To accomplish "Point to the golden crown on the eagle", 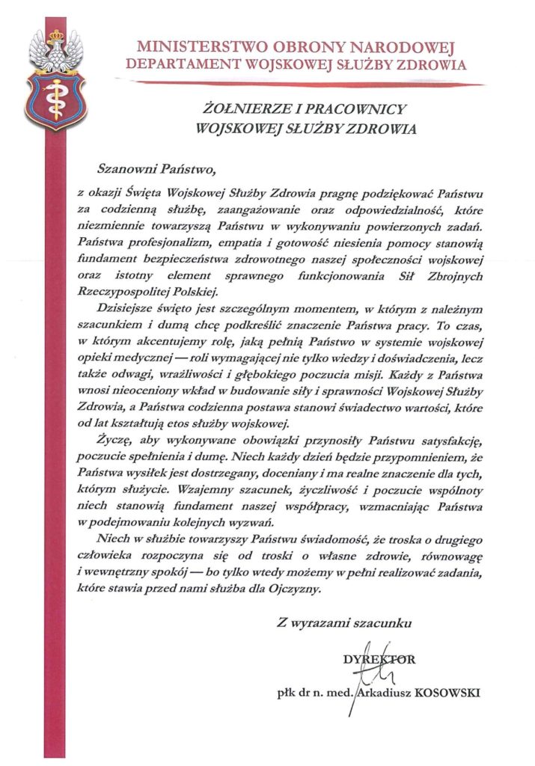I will (x=56, y=34).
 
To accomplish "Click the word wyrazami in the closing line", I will (x=324, y=622).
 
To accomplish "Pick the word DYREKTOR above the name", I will (x=379, y=660).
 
